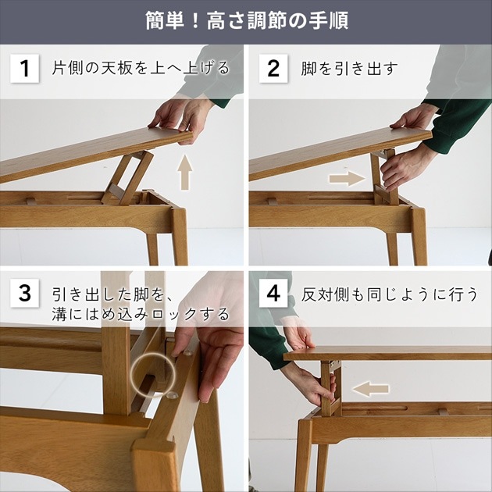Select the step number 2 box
click(273, 68)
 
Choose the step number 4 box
click(273, 294)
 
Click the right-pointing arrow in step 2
click(346, 178)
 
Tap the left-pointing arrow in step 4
click(369, 388)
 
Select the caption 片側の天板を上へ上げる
click(141, 68)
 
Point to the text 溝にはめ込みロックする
click(141, 314)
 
